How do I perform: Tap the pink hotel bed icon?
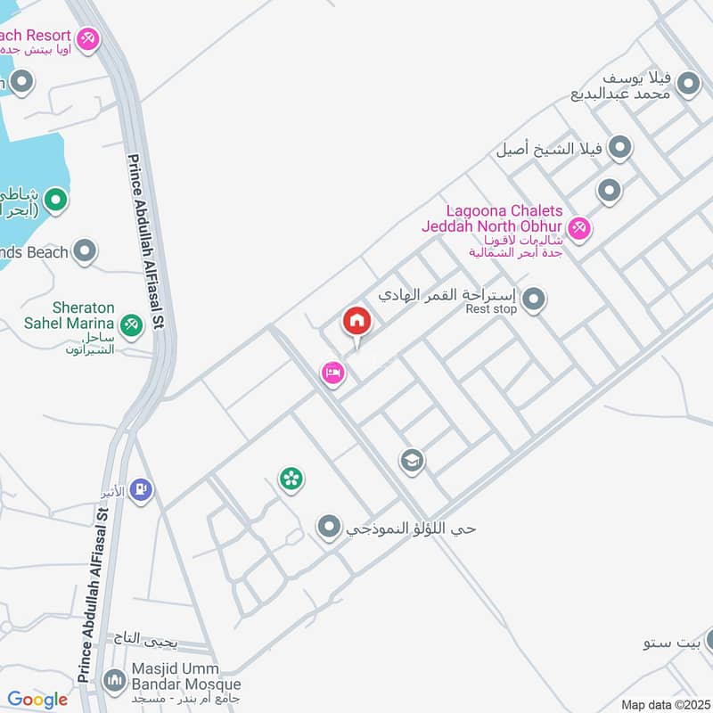(332, 373)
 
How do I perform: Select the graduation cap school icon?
(412, 461)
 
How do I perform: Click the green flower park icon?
(291, 479)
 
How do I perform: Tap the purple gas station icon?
(141, 489)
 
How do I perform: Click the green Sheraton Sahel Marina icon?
(132, 325)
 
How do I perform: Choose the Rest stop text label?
(491, 309)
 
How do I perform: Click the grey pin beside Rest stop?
(533, 299)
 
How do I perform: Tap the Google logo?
(37, 700)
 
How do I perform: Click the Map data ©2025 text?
(664, 704)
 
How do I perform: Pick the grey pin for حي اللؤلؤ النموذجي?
(330, 528)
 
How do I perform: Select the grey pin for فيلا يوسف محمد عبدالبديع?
(688, 85)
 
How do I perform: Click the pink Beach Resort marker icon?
(87, 38)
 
